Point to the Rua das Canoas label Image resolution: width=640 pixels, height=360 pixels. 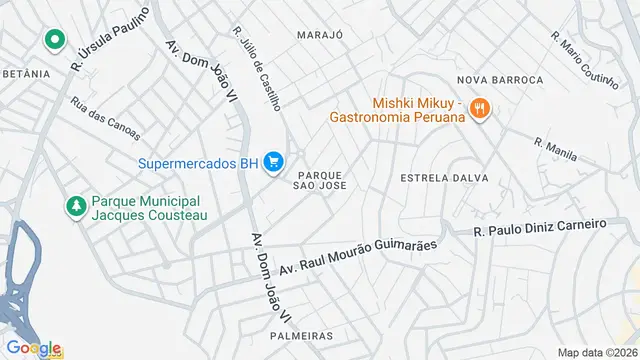[105, 118]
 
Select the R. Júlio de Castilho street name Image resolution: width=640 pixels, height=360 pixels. [258, 68]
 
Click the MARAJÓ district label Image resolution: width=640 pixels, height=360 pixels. [320, 34]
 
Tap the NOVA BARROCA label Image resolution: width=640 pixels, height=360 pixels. [499, 79]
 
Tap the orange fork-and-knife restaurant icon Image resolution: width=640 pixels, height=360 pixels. [479, 108]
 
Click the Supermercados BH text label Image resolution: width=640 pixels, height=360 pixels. [197, 164]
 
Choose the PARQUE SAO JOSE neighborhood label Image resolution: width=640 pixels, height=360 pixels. [321, 178]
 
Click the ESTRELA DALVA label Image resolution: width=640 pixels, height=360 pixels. [444, 178]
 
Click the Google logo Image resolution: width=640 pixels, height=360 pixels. [33, 348]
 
